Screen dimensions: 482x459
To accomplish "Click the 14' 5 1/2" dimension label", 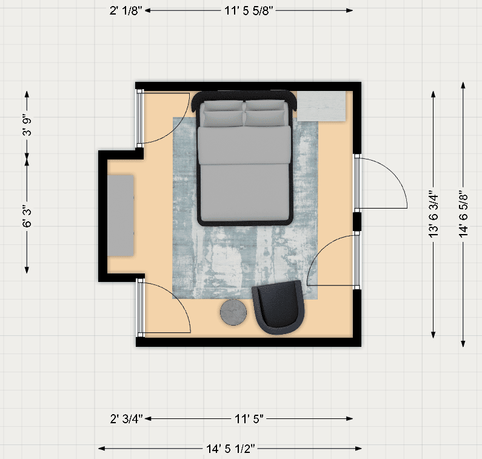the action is tap(230, 449).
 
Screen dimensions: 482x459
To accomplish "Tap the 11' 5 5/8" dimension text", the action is tap(249, 11).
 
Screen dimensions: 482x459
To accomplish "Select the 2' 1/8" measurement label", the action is tap(126, 11).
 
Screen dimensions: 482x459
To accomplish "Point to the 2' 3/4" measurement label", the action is tap(127, 419).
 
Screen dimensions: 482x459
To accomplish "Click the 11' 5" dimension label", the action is tap(249, 419).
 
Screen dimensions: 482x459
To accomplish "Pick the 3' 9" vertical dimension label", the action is tap(27, 126).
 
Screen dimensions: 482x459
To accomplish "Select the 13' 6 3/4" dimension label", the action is tap(433, 215).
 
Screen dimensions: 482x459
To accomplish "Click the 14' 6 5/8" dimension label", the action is tap(463, 215).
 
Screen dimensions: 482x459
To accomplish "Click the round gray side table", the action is tap(233, 312).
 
